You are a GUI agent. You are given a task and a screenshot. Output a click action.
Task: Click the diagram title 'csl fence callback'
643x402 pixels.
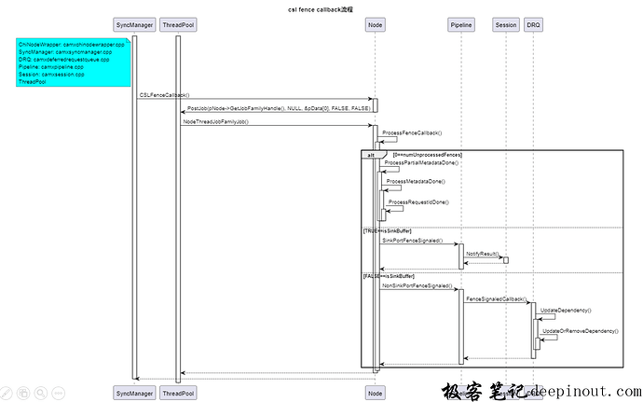point(321,7)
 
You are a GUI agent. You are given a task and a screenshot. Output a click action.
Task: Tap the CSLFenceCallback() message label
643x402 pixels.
point(164,95)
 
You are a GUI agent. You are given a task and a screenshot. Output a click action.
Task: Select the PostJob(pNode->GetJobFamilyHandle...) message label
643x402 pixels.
point(278,108)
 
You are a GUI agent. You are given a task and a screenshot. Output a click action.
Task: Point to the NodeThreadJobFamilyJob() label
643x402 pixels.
point(215,121)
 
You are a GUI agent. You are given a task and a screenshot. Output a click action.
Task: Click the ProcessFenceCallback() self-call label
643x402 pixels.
point(411,133)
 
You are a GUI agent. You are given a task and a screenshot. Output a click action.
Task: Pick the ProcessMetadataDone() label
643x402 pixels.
point(416,181)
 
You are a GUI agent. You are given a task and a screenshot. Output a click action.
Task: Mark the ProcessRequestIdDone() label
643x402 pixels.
point(418,201)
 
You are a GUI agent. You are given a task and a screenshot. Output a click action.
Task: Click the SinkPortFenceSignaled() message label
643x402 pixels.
point(412,241)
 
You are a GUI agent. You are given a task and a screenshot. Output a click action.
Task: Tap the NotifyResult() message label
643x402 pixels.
point(482,253)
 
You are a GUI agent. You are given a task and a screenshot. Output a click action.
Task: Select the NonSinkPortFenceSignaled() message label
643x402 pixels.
point(417,285)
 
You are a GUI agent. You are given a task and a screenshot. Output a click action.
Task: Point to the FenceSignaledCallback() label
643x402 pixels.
point(495,298)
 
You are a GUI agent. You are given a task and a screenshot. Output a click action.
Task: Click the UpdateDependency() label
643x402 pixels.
point(566,310)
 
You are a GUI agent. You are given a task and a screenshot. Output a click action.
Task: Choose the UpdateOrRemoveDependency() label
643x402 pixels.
point(580,331)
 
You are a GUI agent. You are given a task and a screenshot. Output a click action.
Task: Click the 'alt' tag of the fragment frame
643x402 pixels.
point(371,154)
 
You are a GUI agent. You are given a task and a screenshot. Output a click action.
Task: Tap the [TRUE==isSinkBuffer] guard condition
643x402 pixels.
point(387,229)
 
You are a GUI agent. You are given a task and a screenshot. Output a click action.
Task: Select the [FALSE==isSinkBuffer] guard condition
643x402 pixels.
point(389,275)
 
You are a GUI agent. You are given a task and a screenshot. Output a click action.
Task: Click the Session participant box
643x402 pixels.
point(506,23)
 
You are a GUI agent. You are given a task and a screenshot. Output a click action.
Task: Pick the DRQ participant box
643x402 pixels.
point(532,23)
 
